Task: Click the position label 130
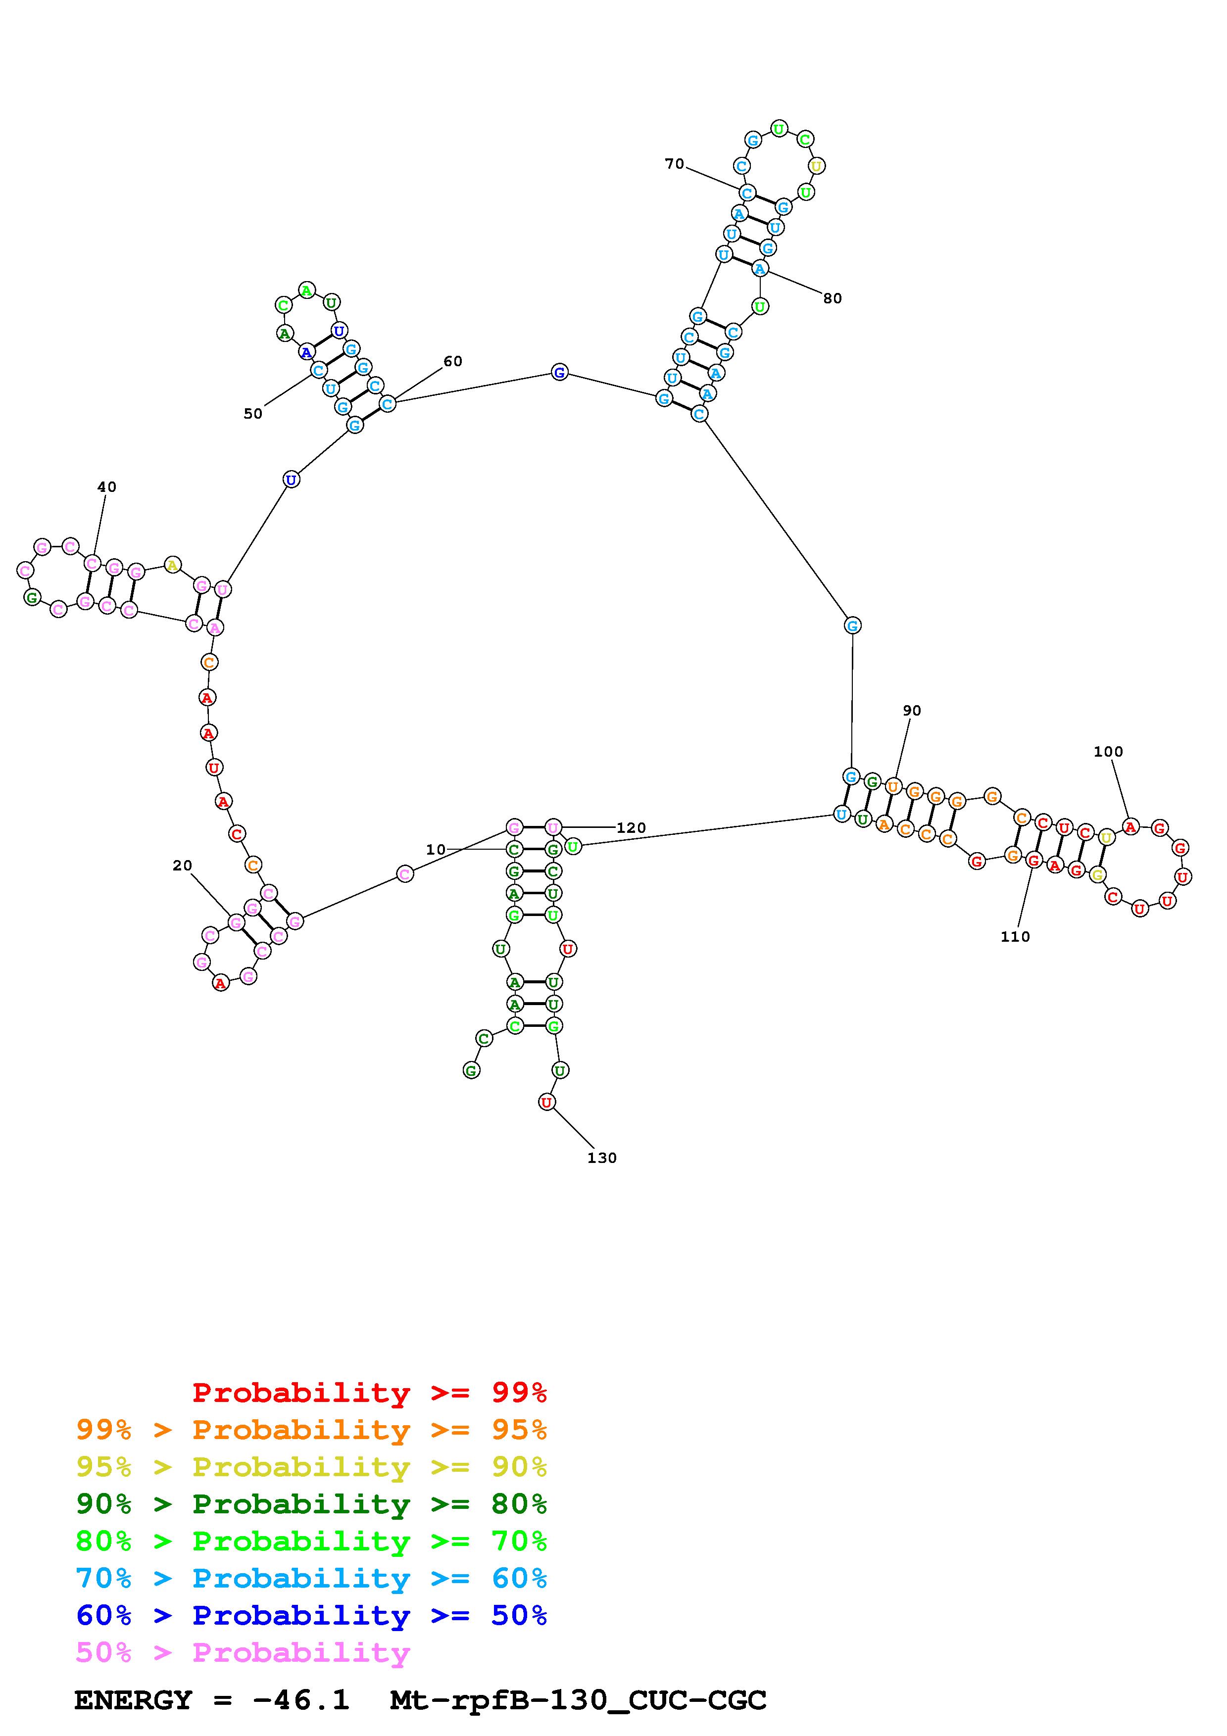point(602,1157)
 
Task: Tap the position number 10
point(436,850)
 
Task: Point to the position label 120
point(631,828)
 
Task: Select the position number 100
point(1108,752)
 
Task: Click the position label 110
point(1015,937)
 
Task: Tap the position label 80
point(833,299)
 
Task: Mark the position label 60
point(453,361)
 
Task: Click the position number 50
point(253,414)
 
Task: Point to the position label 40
point(106,487)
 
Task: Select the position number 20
point(182,866)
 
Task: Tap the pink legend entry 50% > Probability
point(243,1653)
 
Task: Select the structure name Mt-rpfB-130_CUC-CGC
point(578,1700)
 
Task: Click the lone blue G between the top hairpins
point(559,372)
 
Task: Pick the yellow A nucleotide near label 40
point(172,565)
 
